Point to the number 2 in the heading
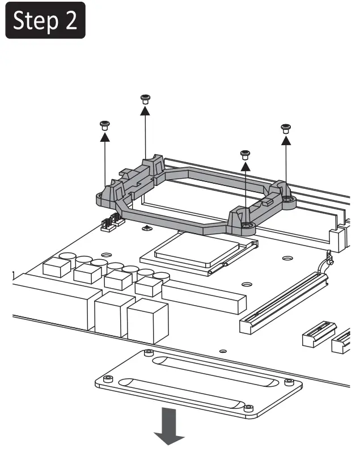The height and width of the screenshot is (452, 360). (x=71, y=21)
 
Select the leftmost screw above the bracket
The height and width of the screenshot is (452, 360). (x=104, y=124)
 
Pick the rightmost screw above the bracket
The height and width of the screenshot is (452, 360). (x=285, y=127)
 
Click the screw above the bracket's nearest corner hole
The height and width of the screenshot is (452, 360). (x=245, y=154)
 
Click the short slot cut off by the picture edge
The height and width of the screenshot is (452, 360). (x=343, y=340)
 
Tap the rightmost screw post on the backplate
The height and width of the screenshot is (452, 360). (x=289, y=381)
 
